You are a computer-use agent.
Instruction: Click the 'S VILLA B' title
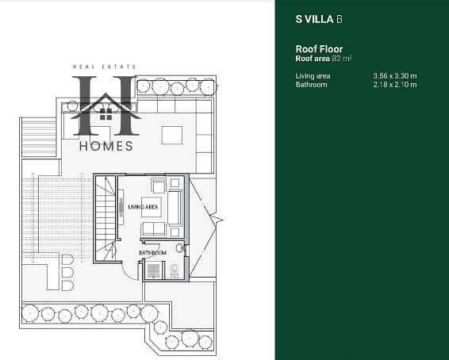coord(319,19)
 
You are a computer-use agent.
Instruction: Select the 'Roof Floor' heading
coord(319,49)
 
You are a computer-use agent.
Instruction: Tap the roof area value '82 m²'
coord(342,59)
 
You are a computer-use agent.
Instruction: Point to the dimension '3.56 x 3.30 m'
coord(395,76)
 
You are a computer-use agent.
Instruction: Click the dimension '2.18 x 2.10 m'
coord(395,85)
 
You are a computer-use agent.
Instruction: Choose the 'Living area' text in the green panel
coord(313,76)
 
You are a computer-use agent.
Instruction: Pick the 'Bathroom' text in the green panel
coord(311,85)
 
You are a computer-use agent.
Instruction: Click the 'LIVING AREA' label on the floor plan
coord(143,207)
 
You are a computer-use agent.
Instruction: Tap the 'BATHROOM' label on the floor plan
coord(152,253)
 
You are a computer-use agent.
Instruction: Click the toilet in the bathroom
coord(174,270)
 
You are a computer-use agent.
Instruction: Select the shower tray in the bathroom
coord(154,270)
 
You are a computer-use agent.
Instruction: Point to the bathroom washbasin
coord(180,248)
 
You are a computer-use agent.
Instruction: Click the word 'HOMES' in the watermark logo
coord(106,146)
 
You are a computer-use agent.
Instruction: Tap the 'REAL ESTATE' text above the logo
coord(105,67)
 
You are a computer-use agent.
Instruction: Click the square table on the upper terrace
coord(172,136)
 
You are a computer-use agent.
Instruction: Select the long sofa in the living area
coord(175,208)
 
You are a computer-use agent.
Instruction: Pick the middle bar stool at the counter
coord(67,273)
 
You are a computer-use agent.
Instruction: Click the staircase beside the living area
coord(106,219)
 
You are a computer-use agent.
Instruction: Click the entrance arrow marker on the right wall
coord(217,220)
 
